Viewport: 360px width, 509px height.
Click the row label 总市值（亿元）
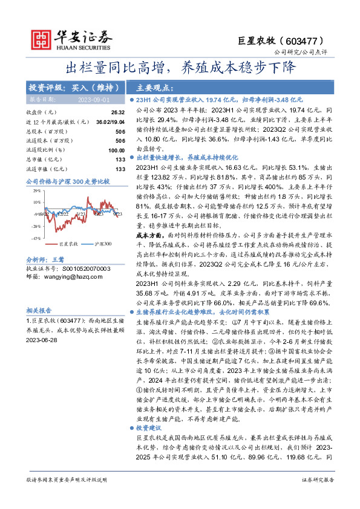pyautogui.click(x=42, y=160)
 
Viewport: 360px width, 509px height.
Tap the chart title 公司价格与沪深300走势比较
pyautogui.click(x=67, y=181)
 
